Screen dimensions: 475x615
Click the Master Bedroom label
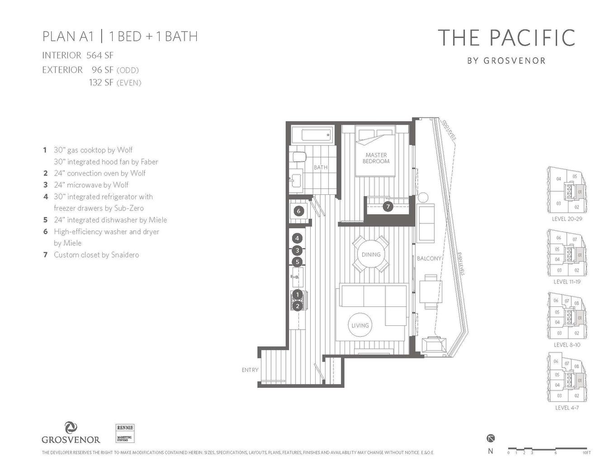point(376,158)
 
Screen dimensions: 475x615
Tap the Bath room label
point(321,168)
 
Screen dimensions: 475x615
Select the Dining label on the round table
point(371,255)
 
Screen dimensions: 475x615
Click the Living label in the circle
point(360,325)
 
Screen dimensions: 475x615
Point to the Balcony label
point(429,259)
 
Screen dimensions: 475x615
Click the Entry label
point(250,370)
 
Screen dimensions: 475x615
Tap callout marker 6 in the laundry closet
point(298,211)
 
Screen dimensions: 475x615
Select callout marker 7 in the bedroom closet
point(388,207)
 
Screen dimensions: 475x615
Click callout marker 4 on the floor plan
point(297,238)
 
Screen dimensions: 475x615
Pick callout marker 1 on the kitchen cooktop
point(297,295)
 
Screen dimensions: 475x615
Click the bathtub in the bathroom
point(311,135)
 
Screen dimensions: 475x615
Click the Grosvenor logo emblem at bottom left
point(71,428)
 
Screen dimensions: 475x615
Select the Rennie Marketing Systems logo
point(125,433)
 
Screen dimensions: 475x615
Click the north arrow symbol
point(491,438)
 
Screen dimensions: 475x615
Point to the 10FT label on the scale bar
point(587,452)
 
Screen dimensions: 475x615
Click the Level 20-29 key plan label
point(567,219)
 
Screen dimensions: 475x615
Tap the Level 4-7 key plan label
point(567,408)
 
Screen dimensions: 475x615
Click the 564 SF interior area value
point(100,56)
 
